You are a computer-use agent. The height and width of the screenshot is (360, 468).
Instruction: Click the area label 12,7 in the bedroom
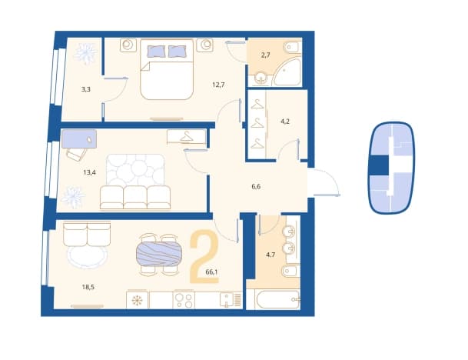[x=218, y=85]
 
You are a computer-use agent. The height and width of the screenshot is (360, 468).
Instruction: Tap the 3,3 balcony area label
[x=85, y=89]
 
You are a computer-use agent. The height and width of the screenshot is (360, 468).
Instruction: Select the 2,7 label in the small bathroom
[x=265, y=55]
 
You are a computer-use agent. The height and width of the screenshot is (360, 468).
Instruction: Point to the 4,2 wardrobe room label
[x=285, y=122]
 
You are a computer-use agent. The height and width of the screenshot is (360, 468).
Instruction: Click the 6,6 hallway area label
[x=256, y=187]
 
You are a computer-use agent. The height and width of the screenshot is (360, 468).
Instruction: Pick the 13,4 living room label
[x=90, y=172]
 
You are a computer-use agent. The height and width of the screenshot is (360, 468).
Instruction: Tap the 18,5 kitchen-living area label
[x=88, y=287]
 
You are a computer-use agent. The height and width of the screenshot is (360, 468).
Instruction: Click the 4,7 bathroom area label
[x=271, y=255]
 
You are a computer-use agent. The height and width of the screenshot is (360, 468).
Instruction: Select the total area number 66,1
[x=211, y=272]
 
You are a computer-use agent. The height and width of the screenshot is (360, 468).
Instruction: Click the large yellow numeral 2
[x=204, y=256]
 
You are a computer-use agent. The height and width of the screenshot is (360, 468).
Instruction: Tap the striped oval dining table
[x=159, y=254]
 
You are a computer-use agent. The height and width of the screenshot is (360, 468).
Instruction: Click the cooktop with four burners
[x=184, y=300]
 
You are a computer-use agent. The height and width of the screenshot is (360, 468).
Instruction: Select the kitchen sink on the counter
[x=227, y=300]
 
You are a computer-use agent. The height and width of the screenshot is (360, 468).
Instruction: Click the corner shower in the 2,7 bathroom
[x=287, y=72]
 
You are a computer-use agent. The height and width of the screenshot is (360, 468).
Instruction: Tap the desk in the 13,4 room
[x=79, y=139]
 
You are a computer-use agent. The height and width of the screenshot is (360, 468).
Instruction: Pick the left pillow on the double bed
[x=156, y=52]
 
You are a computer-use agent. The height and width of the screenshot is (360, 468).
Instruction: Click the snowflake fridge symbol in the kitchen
[x=137, y=300]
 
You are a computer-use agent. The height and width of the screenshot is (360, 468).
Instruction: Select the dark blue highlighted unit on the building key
[x=380, y=165]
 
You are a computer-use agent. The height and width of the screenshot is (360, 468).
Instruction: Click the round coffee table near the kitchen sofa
[x=87, y=257]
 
